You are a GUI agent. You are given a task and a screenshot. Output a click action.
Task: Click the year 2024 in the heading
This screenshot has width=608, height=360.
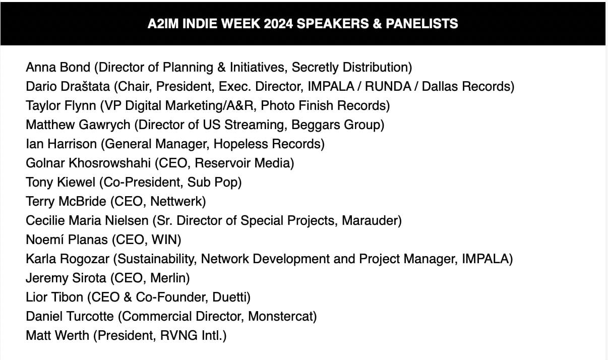[278, 24]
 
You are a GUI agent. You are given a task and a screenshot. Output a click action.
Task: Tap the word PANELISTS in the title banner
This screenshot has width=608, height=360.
[422, 24]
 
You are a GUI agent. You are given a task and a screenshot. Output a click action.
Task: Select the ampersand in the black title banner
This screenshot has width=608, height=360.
[377, 24]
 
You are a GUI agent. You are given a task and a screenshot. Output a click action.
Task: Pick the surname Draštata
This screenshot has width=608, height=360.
[85, 86]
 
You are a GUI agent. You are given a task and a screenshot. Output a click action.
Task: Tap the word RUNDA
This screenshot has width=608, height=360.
[388, 86]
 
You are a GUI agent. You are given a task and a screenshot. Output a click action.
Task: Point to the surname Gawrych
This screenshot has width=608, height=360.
[104, 125]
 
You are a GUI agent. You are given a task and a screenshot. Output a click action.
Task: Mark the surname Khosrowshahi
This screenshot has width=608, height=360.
[110, 163]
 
